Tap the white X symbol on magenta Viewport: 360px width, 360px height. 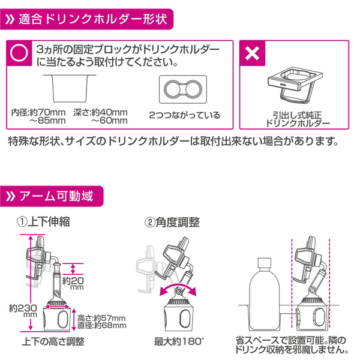click(253, 54)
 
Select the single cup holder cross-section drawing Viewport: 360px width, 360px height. click(71, 90)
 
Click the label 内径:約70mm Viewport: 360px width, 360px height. click(38, 112)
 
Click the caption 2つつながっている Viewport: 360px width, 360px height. click(184, 114)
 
